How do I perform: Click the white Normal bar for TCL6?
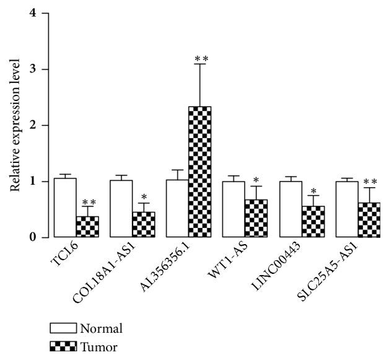point(65,199)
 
